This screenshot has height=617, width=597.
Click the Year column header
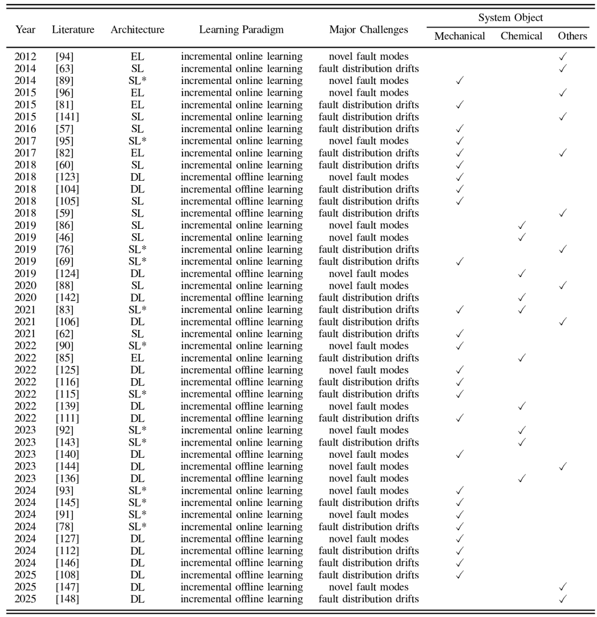(25, 30)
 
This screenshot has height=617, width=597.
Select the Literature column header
(73, 30)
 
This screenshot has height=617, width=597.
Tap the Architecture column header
(137, 30)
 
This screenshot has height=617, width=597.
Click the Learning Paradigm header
(242, 30)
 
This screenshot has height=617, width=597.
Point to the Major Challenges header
(369, 30)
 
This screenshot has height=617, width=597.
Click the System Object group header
(510, 18)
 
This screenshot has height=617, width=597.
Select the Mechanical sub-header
(459, 36)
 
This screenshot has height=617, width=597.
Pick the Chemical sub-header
(521, 36)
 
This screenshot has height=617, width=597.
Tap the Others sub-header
(572, 36)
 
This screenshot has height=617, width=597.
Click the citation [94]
(64, 56)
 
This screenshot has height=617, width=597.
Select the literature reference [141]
(67, 117)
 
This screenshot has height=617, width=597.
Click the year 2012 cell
(25, 56)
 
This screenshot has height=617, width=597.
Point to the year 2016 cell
(25, 129)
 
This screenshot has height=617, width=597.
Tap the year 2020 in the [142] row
(25, 297)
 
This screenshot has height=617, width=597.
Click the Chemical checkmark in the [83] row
(522, 310)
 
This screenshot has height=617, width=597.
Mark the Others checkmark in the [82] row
(563, 153)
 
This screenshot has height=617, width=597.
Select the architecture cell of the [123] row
(137, 177)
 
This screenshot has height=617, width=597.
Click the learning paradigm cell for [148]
(242, 599)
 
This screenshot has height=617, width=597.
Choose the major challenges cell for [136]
(368, 478)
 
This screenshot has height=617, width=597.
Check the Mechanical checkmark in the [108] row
(459, 575)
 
